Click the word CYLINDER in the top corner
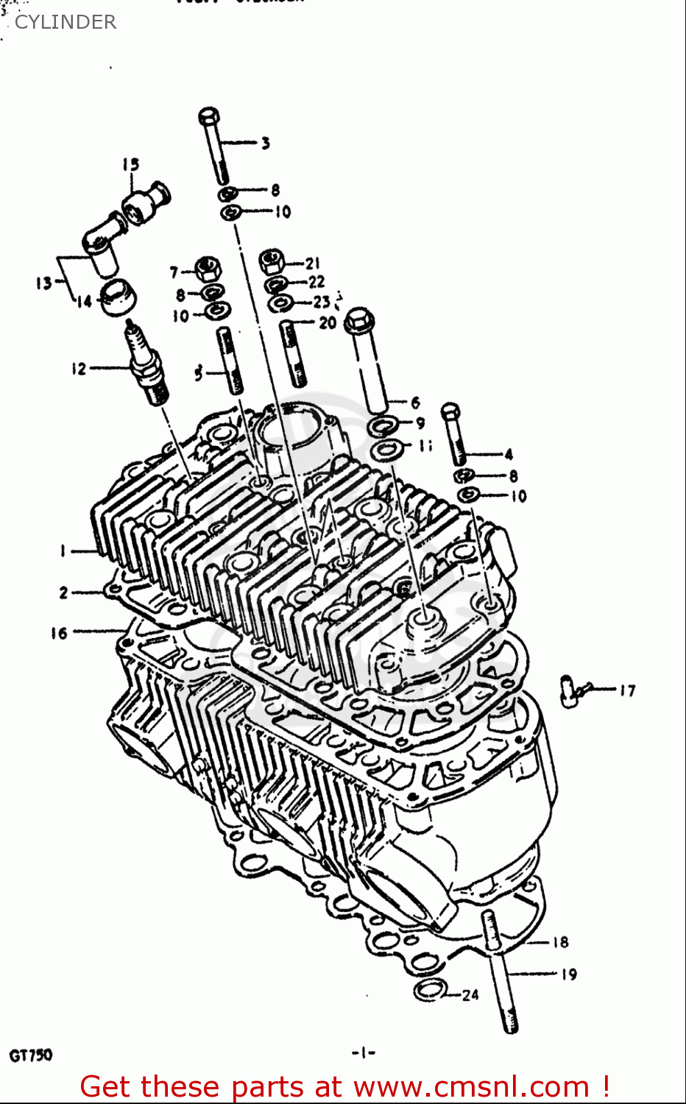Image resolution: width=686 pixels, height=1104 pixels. [66, 22]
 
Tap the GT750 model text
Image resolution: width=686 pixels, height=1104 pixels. [31, 1055]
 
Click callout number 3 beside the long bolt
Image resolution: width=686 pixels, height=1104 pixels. [265, 143]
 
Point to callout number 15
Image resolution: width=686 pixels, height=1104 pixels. [130, 164]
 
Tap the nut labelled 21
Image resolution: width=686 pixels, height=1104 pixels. [272, 261]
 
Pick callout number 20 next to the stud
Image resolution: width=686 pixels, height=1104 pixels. [328, 322]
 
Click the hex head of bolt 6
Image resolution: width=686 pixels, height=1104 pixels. [358, 320]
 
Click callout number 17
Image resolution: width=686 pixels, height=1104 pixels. [626, 690]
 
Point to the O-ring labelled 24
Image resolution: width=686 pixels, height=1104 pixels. [430, 990]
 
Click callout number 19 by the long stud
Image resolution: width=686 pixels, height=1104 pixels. [568, 974]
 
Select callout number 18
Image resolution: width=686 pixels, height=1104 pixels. [560, 941]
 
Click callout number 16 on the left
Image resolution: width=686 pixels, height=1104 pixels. [59, 632]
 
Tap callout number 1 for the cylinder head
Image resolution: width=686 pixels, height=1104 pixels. [63, 550]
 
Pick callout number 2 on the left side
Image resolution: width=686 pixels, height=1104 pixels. [63, 592]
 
